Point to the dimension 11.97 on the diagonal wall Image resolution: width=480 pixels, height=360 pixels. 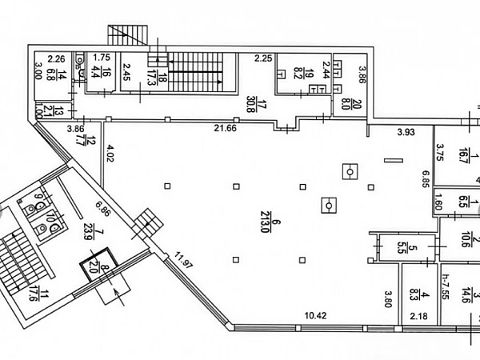point(185,262)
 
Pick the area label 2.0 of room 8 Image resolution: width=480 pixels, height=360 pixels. point(92,265)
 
